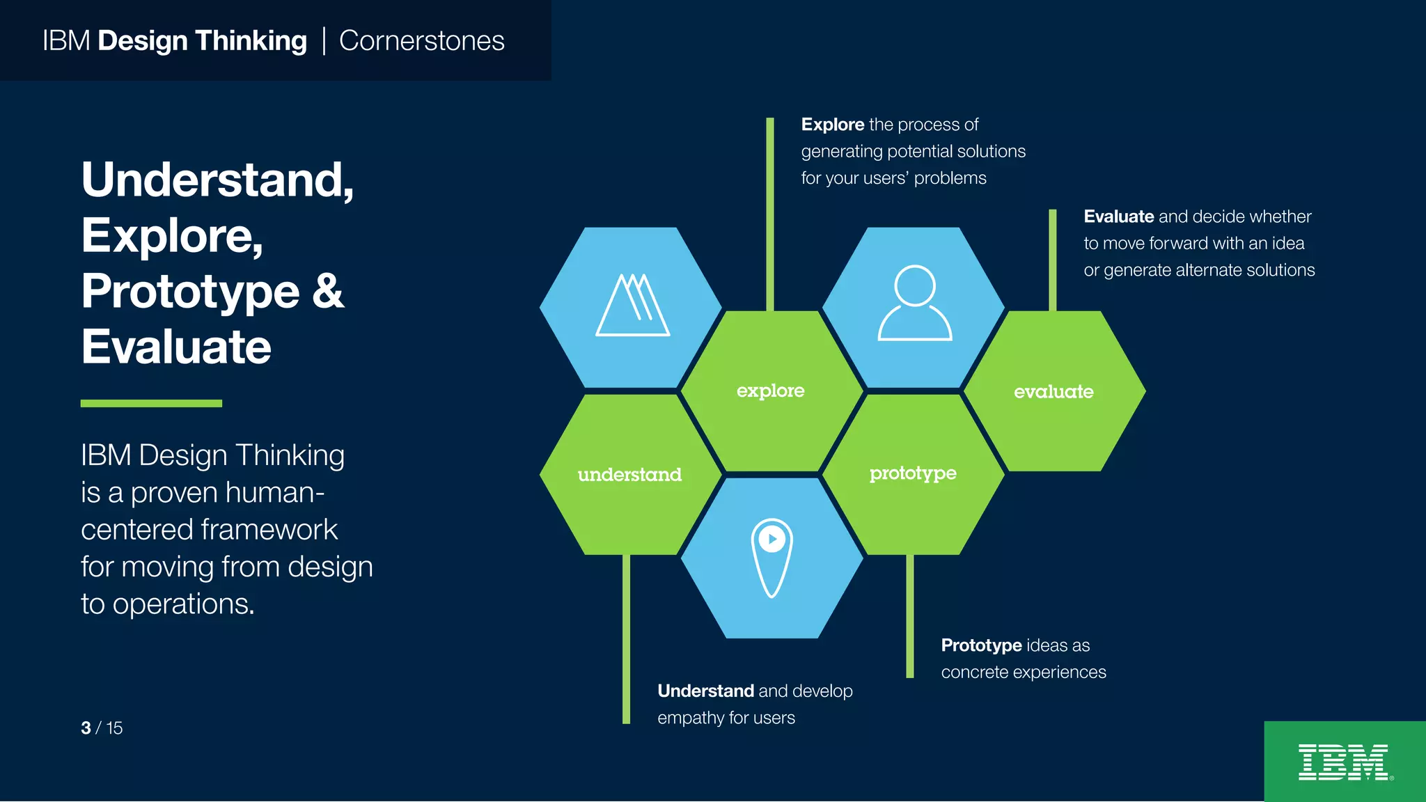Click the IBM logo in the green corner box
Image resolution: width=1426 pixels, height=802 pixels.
coord(1344,762)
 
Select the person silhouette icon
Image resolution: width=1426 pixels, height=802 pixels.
coord(914,304)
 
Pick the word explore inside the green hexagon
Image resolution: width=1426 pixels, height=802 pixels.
coord(770,391)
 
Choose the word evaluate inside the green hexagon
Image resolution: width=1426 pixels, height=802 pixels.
coord(1053,392)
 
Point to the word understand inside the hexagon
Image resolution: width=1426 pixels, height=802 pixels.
coord(629,475)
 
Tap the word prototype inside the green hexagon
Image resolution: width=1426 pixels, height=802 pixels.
coord(912,474)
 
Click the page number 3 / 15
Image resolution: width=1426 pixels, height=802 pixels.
coord(102,728)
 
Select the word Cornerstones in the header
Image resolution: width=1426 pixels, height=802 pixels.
coord(421,41)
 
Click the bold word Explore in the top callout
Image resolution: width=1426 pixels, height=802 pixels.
coord(832,125)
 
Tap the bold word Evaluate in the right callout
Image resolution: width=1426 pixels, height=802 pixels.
coord(1118,217)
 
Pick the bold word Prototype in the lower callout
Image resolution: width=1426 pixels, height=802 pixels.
coord(981,645)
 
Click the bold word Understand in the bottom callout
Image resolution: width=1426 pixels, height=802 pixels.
coord(705,691)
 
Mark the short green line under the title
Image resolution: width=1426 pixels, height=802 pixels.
coord(151,403)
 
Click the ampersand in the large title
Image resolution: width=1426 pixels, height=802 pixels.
coord(327,291)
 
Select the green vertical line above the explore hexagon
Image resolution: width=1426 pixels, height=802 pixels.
coord(769,212)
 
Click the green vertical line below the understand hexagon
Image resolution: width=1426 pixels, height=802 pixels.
coord(626,639)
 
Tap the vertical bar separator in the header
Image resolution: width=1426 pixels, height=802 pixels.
coord(324,40)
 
